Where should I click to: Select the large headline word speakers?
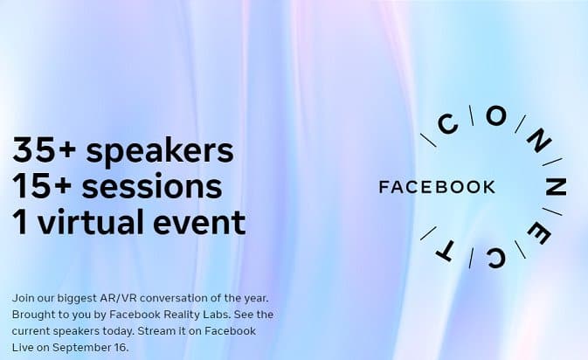tap(160, 152)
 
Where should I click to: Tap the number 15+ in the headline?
tap(43, 186)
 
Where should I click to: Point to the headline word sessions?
tap(152, 186)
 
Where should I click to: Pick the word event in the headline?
tap(199, 223)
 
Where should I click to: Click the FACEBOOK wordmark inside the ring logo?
tap(437, 187)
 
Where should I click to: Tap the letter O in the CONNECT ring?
tap(496, 116)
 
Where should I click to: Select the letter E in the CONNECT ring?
tap(539, 235)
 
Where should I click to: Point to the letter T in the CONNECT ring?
tap(446, 252)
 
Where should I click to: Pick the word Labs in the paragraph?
tap(219, 315)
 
